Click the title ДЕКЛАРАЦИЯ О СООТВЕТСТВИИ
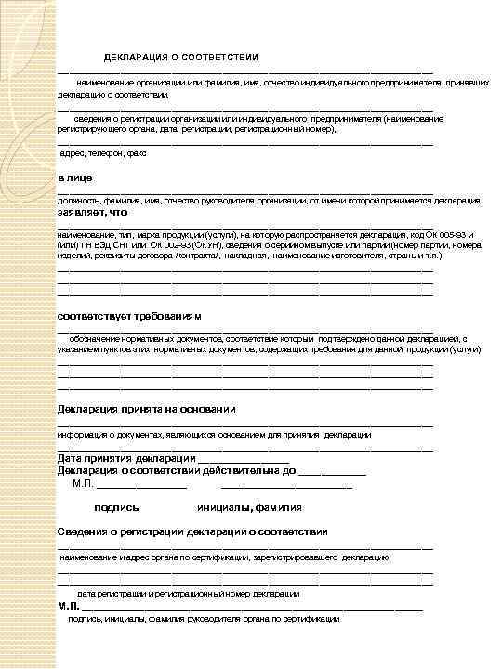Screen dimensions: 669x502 click(x=180, y=58)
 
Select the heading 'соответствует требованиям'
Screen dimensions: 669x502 click(x=129, y=316)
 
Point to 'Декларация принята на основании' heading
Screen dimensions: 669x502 click(x=146, y=409)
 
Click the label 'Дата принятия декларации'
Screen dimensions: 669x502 click(x=125, y=459)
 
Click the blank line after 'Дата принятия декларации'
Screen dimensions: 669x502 click(x=243, y=460)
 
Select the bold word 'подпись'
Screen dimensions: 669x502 click(x=116, y=507)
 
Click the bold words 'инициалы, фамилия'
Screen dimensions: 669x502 click(x=249, y=507)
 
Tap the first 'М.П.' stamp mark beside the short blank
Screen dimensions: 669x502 click(x=83, y=483)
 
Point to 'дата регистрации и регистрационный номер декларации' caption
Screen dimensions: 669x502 click(x=188, y=593)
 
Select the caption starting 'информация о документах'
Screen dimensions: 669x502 click(x=214, y=434)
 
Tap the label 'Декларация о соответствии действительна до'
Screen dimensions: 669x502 click(x=177, y=471)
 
